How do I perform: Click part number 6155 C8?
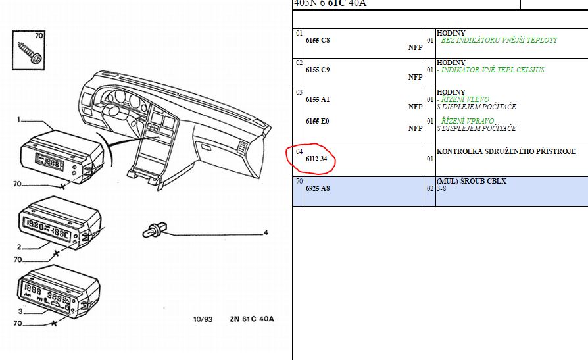pyautogui.click(x=318, y=41)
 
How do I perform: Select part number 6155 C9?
pyautogui.click(x=318, y=70)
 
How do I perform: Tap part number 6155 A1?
pyautogui.click(x=318, y=99)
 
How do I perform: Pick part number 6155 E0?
pyautogui.click(x=317, y=121)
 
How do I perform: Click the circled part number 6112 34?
pyautogui.click(x=316, y=159)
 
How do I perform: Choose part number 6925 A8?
pyautogui.click(x=318, y=188)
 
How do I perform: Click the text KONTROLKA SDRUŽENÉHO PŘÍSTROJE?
pyautogui.click(x=506, y=151)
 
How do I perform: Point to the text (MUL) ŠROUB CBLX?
pyautogui.click(x=472, y=181)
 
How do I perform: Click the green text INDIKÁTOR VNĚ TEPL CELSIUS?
pyautogui.click(x=493, y=70)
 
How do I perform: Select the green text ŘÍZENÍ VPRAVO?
pyautogui.click(x=468, y=121)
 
